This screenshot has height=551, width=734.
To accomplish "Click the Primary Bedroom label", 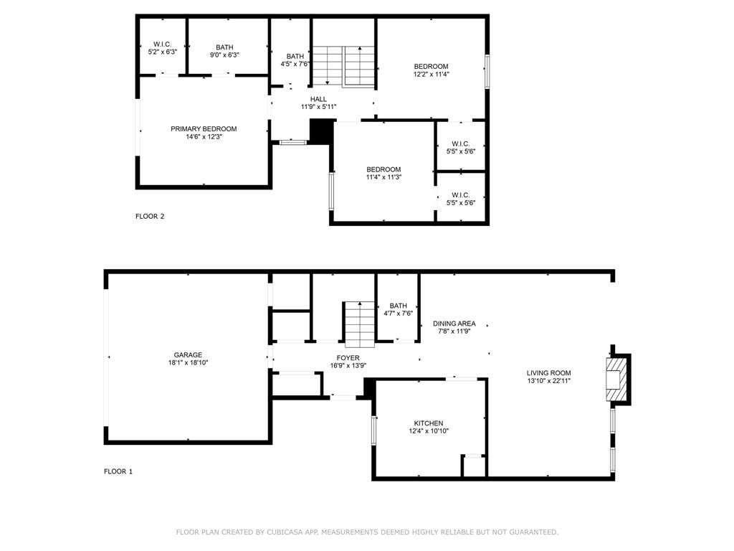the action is [204, 129].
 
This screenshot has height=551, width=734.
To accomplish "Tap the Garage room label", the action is [189, 355].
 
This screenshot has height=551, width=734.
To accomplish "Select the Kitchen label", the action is [429, 423].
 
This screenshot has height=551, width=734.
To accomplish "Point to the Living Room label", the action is [548, 373].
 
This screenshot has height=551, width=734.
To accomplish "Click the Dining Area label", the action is [454, 324].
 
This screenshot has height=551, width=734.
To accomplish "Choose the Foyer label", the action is [348, 358].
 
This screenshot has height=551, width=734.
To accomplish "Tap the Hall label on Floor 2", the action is [318, 99].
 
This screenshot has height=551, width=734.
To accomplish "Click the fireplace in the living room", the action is [616, 380].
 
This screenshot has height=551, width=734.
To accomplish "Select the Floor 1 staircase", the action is [360, 324].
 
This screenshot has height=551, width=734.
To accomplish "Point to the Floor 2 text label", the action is [150, 217].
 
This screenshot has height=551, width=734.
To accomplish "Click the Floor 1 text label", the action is [118, 471].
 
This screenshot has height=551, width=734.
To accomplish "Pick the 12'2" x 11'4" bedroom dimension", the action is [431, 74].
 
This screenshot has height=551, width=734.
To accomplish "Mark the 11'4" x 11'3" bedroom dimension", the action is [383, 177].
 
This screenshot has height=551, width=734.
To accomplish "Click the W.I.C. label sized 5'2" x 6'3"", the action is [163, 48].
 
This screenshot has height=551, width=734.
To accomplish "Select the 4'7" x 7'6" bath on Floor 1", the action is [398, 310].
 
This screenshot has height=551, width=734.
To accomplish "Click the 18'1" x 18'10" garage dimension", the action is [189, 362].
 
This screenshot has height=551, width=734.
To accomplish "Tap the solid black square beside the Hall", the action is [321, 132].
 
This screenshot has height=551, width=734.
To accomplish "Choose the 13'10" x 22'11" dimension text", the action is [548, 380].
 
